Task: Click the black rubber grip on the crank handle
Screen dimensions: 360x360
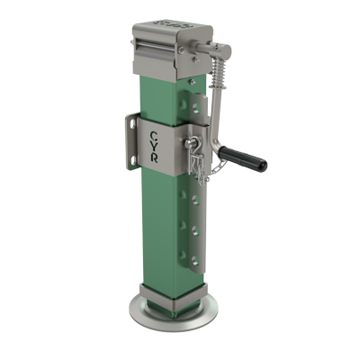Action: [x=243, y=157]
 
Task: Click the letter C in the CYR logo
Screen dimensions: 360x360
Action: [x=154, y=136]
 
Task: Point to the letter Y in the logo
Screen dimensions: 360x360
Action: [x=154, y=147]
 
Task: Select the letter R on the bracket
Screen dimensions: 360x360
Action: [x=154, y=158]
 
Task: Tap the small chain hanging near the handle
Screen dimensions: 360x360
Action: [x=217, y=168]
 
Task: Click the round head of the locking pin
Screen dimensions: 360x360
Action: [x=189, y=142]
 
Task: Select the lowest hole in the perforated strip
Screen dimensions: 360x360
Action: [x=195, y=259]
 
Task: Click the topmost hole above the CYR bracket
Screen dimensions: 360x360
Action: [x=196, y=108]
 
